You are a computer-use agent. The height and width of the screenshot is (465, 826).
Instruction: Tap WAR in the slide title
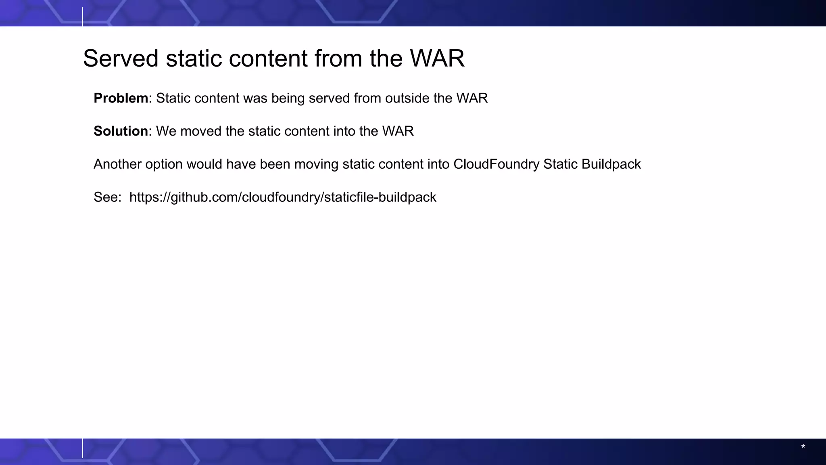coord(437,58)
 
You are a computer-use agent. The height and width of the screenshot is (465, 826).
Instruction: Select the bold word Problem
coord(121,98)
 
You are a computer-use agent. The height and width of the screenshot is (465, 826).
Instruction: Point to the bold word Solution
coord(121,131)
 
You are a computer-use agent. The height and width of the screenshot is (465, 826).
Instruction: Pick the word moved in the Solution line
coord(200,131)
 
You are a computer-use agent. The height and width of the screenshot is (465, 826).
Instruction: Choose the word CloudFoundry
coord(496,164)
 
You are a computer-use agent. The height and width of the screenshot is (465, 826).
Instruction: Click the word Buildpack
coord(611,164)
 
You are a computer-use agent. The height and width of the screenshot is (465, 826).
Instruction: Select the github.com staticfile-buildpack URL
coord(283,197)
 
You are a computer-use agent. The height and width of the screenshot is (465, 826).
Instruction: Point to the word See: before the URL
coord(107,197)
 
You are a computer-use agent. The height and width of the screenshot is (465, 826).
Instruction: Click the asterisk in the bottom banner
coord(803,447)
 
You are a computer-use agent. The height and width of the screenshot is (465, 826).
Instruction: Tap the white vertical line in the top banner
coord(83,17)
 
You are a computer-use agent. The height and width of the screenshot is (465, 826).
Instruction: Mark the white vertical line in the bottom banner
coord(83,448)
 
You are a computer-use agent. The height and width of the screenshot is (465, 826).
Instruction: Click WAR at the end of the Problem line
coord(472,98)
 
